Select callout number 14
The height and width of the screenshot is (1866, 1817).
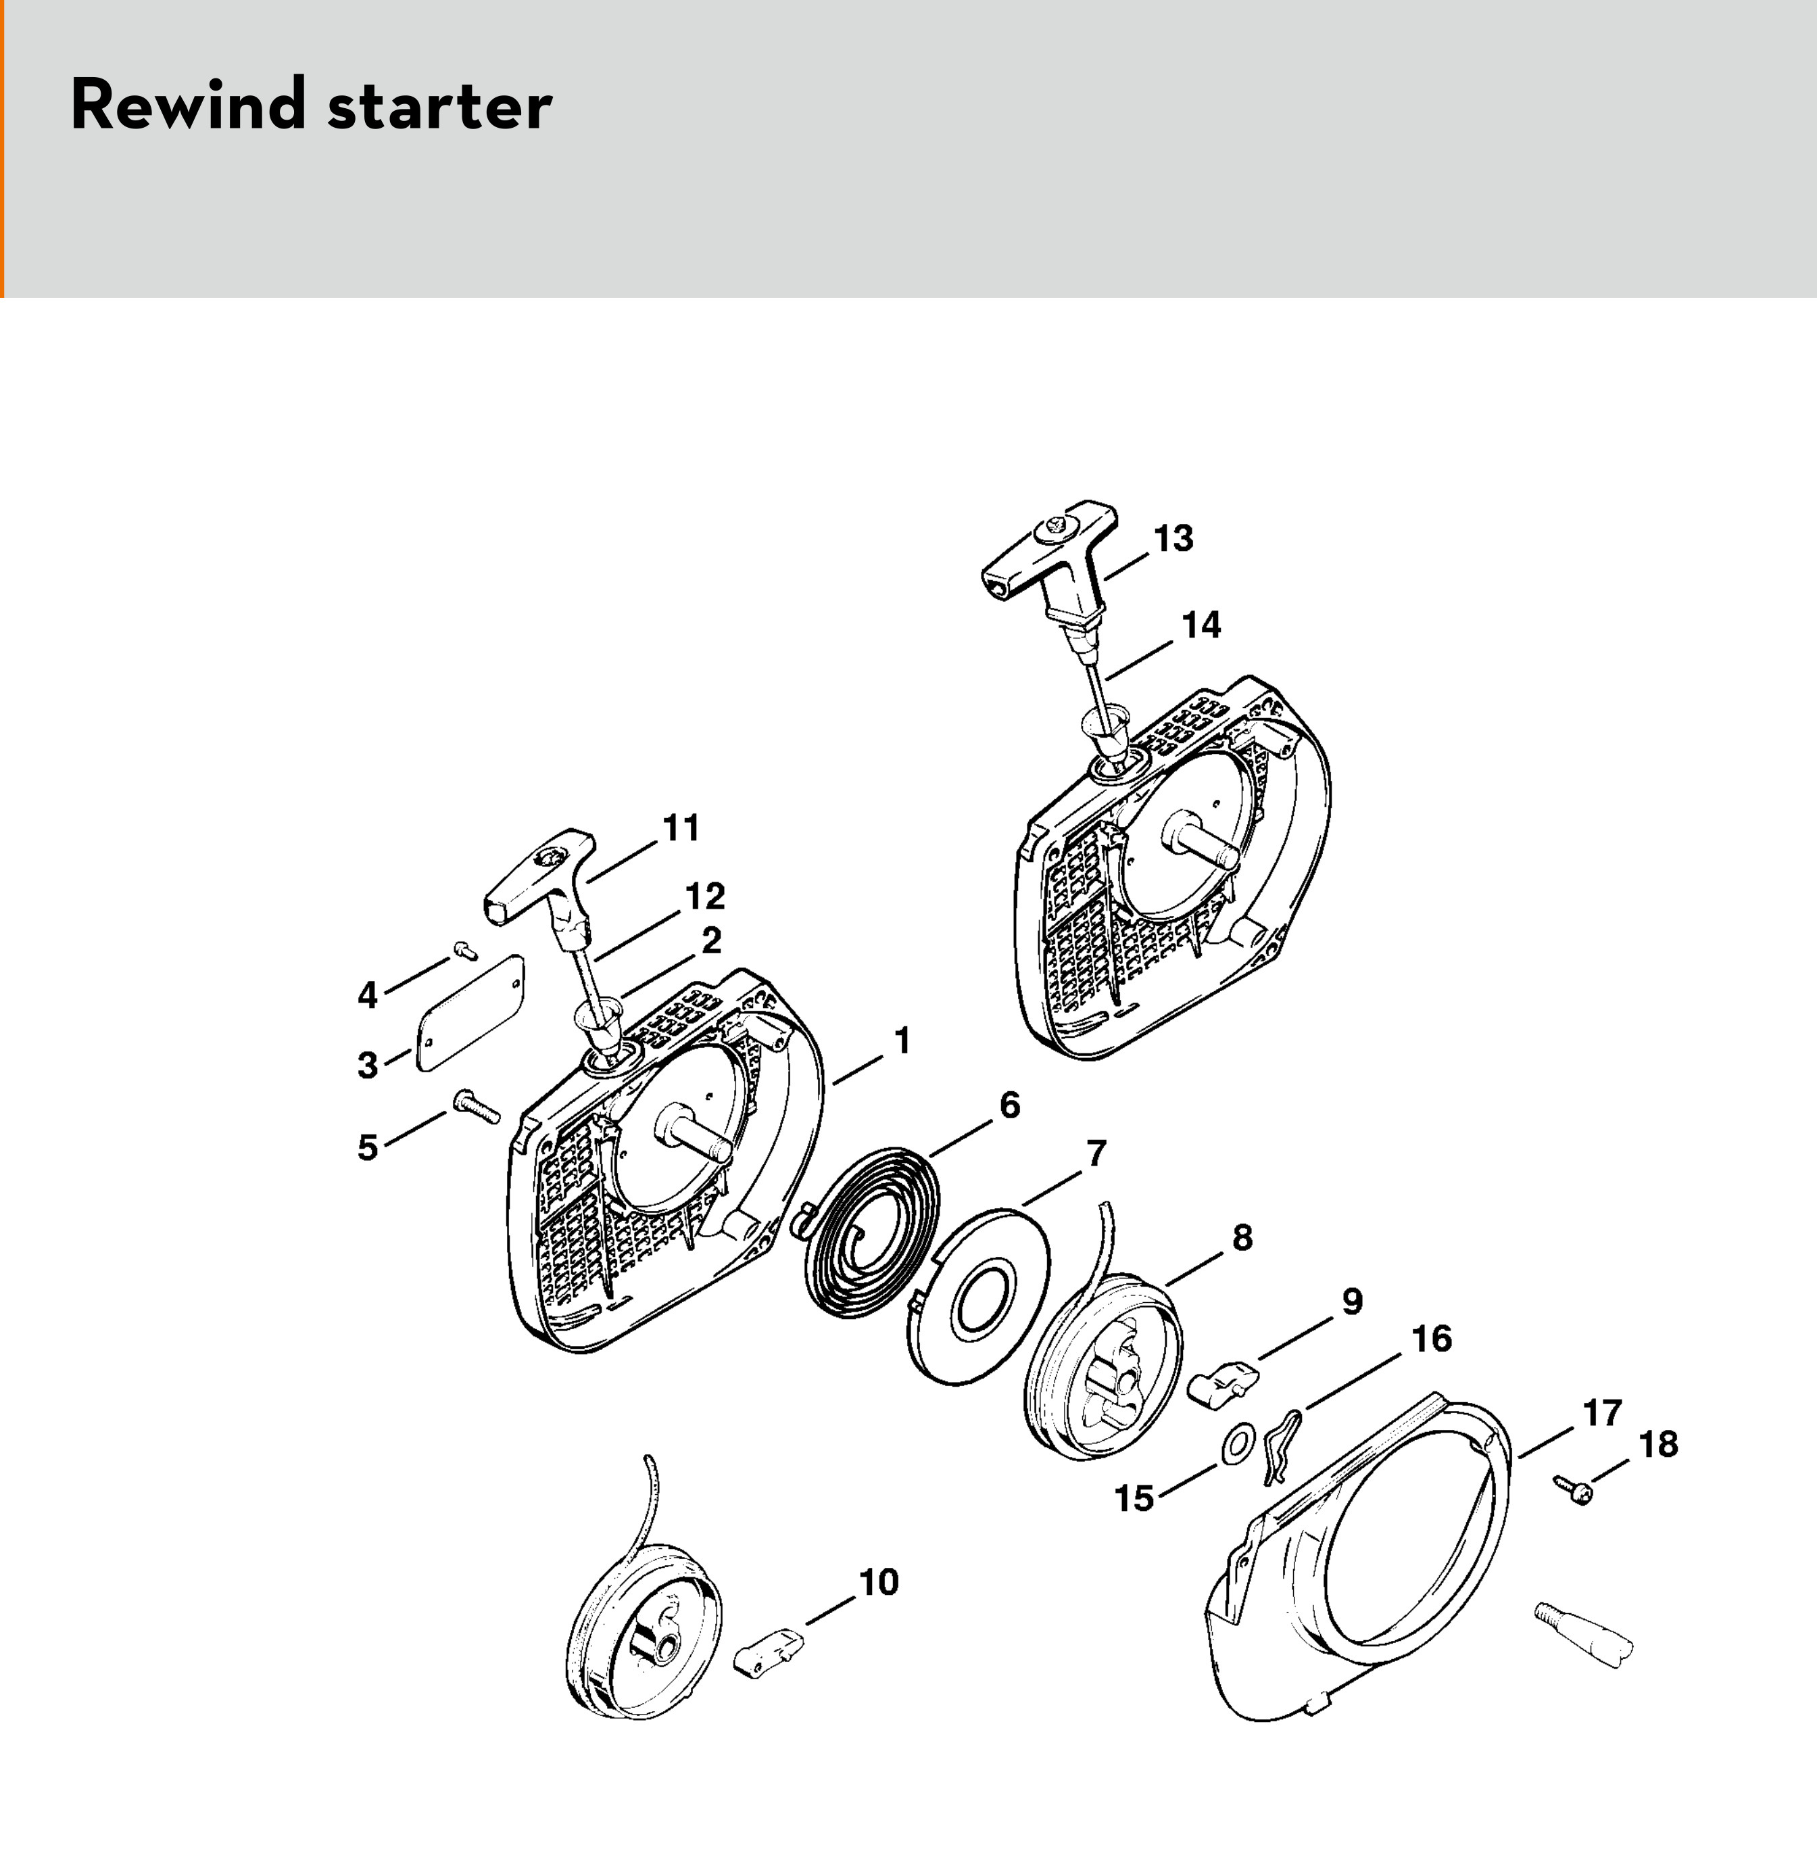pyautogui.click(x=1201, y=625)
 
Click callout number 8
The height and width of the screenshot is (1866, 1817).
pyautogui.click(x=1242, y=1239)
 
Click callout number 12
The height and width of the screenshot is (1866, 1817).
pyautogui.click(x=705, y=897)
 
